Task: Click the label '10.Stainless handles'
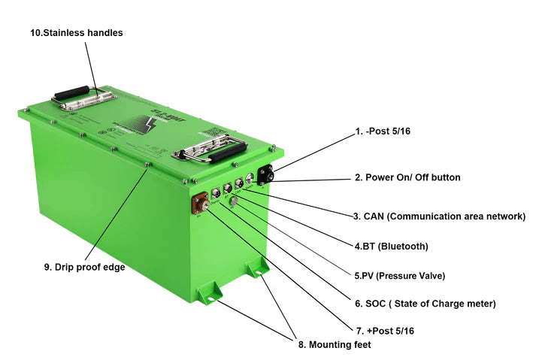76,33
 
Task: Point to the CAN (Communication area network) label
439,216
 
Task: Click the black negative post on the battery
265,174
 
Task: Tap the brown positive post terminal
201,204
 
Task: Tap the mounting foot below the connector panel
258,269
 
